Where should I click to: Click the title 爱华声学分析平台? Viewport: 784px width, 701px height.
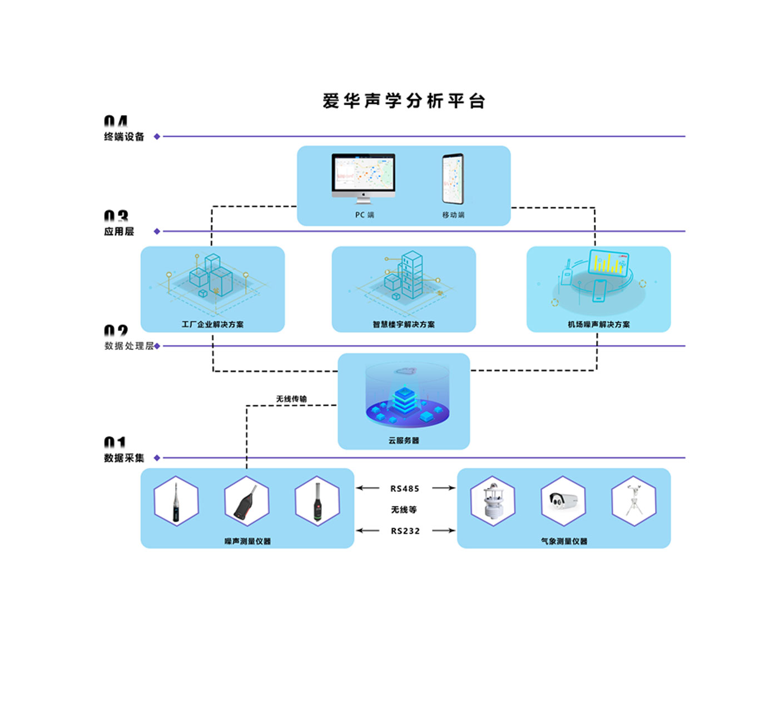point(404,101)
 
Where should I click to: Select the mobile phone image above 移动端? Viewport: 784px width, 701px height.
point(453,179)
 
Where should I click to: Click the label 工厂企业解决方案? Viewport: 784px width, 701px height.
point(212,324)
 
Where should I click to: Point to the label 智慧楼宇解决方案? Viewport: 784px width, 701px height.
point(404,324)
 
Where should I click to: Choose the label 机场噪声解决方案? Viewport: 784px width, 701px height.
point(598,324)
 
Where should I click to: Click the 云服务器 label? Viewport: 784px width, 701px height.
point(404,440)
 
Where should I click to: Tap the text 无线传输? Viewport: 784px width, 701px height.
point(291,399)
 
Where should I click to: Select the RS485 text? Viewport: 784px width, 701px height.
point(405,488)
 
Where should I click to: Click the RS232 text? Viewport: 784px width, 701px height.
point(405,531)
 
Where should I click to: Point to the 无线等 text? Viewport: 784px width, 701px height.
point(404,510)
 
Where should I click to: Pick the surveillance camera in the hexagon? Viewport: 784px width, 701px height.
point(563,501)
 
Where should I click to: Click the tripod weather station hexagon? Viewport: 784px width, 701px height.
point(633,501)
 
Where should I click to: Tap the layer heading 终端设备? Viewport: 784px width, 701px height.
point(124,137)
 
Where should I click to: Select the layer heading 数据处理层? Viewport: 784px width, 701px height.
point(129,346)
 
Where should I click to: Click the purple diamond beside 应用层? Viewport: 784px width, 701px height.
point(157,231)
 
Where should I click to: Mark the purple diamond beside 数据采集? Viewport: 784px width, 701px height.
point(157,458)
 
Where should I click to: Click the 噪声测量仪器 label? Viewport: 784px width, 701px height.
point(247,541)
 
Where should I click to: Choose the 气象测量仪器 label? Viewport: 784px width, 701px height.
point(564,541)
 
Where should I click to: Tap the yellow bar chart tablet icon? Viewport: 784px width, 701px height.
point(608,263)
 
